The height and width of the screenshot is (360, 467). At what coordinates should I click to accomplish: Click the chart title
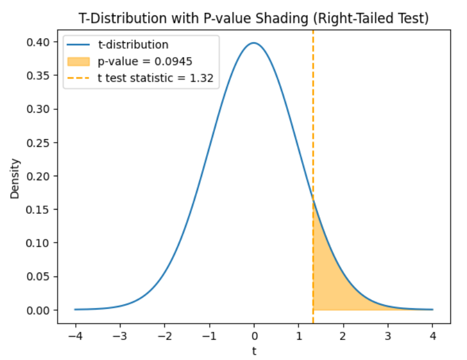point(254,18)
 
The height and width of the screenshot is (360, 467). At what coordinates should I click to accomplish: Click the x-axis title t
point(254,351)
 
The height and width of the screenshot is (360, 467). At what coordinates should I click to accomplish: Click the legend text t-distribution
point(133,45)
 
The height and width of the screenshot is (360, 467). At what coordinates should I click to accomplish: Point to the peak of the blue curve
point(254,43)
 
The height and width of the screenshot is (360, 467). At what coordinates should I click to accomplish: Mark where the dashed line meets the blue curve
point(313,201)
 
